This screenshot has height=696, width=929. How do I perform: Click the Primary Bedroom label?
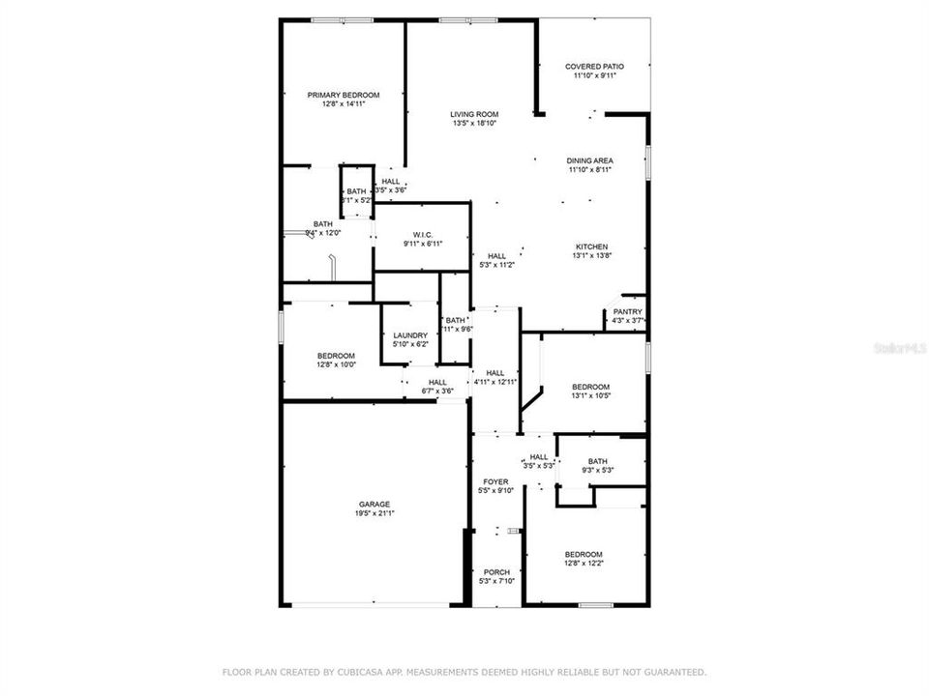click(344, 95)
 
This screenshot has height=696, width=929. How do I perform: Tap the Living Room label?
click(474, 114)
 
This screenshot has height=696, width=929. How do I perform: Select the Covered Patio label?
click(594, 67)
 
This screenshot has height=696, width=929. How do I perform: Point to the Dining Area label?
click(590, 160)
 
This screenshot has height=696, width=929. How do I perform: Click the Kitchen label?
click(590, 246)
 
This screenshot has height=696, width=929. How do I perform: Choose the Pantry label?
click(627, 311)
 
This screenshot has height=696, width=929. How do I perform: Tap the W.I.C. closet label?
click(423, 235)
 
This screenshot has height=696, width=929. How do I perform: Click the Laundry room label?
click(410, 335)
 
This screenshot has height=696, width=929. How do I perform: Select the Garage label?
click(375, 504)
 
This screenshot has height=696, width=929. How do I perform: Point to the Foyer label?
click(495, 481)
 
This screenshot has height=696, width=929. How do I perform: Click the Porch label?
click(497, 570)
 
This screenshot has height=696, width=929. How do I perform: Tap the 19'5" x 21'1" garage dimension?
click(375, 513)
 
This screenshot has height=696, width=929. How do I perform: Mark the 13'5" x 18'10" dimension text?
click(474, 124)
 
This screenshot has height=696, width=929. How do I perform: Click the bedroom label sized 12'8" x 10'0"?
click(336, 355)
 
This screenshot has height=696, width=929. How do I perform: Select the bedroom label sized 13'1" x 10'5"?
click(590, 386)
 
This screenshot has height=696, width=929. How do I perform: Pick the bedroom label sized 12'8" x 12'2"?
click(584, 554)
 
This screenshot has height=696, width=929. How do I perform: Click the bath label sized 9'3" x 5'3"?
click(597, 461)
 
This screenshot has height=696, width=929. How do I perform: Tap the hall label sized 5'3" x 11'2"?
click(496, 256)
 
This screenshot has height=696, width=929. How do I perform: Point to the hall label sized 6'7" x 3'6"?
click(437, 382)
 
